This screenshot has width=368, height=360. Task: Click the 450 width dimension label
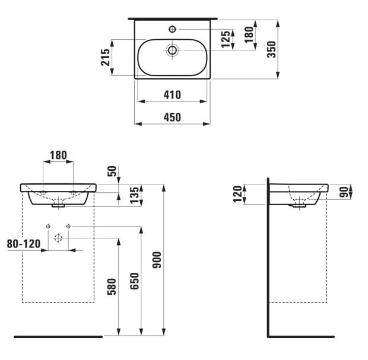click(x=172, y=117)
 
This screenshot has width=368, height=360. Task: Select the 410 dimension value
click(x=172, y=95)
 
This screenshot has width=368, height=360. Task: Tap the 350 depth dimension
click(x=272, y=49)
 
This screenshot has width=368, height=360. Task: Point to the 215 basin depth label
click(x=106, y=57)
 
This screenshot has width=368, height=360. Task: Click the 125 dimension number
click(x=226, y=39)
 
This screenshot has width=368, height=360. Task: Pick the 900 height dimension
click(x=157, y=260)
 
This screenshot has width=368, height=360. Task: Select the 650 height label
click(x=135, y=281)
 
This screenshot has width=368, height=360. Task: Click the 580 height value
click(x=112, y=286)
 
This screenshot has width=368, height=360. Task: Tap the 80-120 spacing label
click(x=24, y=244)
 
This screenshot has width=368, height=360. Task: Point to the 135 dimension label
click(x=135, y=195)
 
